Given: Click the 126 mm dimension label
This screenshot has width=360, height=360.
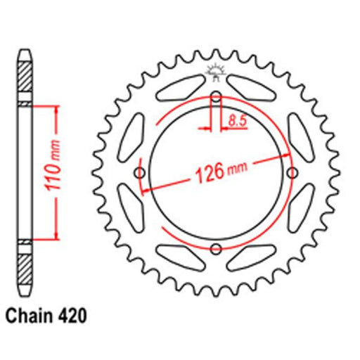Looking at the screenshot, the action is [x=221, y=172].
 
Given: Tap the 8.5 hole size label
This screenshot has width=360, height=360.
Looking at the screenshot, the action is [x=237, y=121].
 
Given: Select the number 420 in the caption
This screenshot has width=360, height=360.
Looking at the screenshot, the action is [x=72, y=316].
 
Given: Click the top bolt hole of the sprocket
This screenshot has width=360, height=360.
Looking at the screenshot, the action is [x=216, y=97].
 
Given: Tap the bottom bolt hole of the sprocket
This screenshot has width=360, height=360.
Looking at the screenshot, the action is [x=216, y=249].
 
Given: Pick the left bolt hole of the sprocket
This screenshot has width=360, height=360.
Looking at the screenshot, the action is [x=140, y=173].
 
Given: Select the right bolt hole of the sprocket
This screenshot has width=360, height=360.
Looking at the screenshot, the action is [x=292, y=173].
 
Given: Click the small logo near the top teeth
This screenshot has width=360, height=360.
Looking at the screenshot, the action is [x=216, y=72].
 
